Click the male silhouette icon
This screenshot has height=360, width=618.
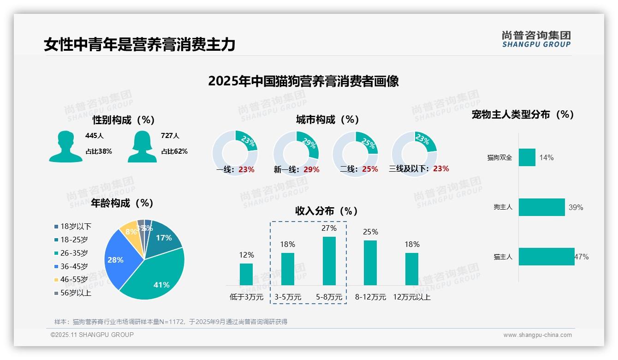[65, 146]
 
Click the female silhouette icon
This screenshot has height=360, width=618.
[142, 146]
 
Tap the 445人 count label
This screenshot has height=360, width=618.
[95, 136]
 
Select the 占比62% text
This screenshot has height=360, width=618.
[174, 151]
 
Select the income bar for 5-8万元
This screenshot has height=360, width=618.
[329, 261]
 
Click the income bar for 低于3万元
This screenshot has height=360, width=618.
[246, 274]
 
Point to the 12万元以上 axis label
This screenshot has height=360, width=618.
[411, 297]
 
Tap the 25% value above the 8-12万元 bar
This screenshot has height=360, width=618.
[370, 232]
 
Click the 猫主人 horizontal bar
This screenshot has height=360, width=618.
[547, 257]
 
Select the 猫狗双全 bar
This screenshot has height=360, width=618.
[527, 157]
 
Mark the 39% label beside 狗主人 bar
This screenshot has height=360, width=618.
[576, 208]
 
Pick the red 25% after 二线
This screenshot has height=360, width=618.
[370, 169]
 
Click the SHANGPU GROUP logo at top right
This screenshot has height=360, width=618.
[536, 39]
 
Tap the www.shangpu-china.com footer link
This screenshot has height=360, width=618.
[537, 335]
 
